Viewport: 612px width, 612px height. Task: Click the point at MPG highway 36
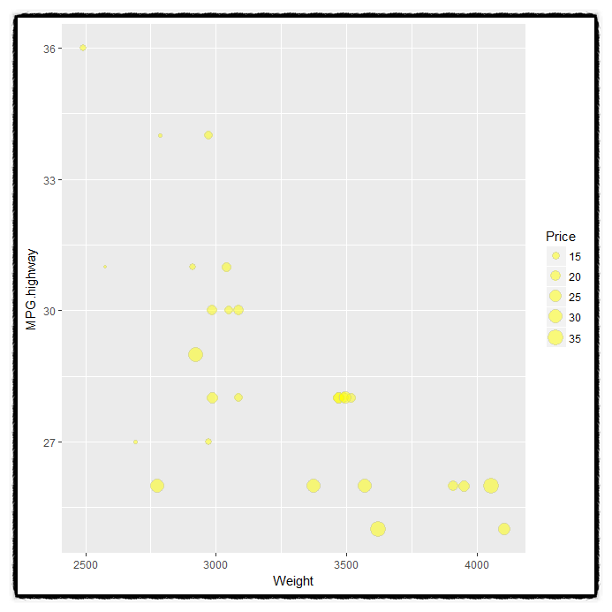pyautogui.click(x=83, y=48)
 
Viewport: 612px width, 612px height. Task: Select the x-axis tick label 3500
pyautogui.click(x=346, y=564)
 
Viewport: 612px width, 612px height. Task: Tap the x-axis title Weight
pyautogui.click(x=293, y=581)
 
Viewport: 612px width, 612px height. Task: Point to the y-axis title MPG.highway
pyautogui.click(x=32, y=289)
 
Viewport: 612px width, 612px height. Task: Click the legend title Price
pyautogui.click(x=561, y=237)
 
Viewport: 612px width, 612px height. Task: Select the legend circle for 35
pyautogui.click(x=555, y=337)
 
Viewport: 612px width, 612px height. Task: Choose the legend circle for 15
pyautogui.click(x=555, y=256)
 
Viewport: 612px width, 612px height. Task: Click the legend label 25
pyautogui.click(x=575, y=297)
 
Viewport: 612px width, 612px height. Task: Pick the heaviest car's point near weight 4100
pyautogui.click(x=504, y=529)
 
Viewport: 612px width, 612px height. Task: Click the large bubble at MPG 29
pyautogui.click(x=196, y=354)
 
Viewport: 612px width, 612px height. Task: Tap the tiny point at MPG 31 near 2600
pyautogui.click(x=105, y=266)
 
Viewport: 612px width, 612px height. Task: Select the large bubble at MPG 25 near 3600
pyautogui.click(x=378, y=529)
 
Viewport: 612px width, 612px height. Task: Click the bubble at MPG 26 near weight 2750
pyautogui.click(x=157, y=486)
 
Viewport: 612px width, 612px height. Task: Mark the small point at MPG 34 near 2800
pyautogui.click(x=160, y=135)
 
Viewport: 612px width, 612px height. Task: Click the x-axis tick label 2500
pyautogui.click(x=86, y=564)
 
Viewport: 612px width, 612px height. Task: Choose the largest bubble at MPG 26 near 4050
pyautogui.click(x=491, y=486)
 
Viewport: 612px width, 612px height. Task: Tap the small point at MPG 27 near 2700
pyautogui.click(x=135, y=442)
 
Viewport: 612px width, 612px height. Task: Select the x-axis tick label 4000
pyautogui.click(x=477, y=564)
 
